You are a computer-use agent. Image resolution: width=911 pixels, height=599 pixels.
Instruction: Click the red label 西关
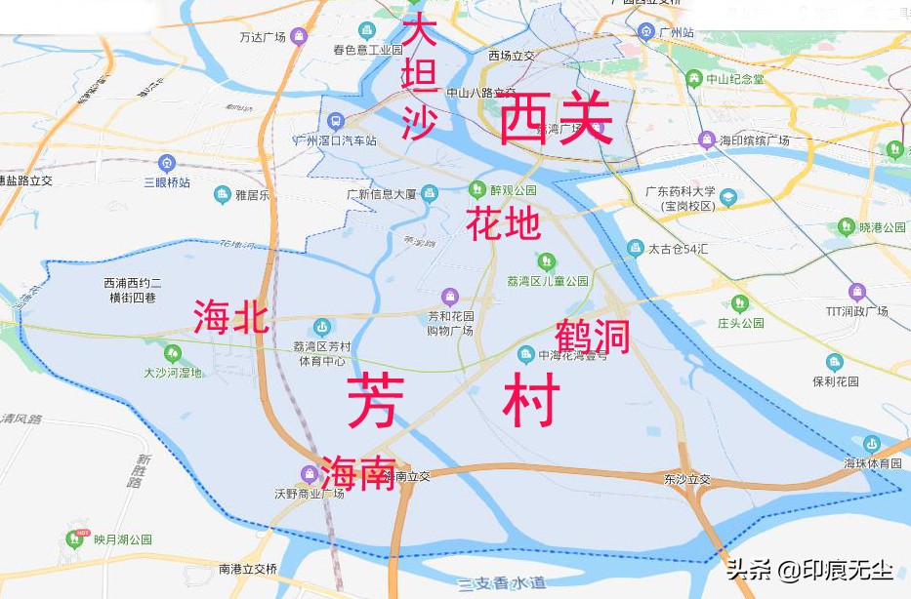click(x=556, y=120)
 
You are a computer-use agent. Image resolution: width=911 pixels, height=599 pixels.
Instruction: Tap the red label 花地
click(x=503, y=224)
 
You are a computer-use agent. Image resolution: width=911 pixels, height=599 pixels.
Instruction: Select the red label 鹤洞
click(x=592, y=337)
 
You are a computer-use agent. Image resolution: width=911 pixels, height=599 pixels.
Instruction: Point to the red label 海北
click(x=230, y=318)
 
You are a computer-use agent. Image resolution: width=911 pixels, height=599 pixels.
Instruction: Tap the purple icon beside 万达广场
click(x=299, y=37)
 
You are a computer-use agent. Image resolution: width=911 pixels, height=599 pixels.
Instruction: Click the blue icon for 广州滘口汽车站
click(x=336, y=122)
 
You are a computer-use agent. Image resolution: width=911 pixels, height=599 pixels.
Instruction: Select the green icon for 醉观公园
click(x=477, y=188)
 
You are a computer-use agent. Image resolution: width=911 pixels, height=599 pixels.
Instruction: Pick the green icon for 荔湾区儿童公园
click(x=546, y=260)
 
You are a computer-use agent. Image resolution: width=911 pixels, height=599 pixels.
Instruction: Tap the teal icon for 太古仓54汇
click(x=636, y=248)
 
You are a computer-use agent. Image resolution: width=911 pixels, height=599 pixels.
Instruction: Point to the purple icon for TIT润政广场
click(x=857, y=292)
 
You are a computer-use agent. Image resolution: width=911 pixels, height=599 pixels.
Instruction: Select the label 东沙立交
click(x=687, y=480)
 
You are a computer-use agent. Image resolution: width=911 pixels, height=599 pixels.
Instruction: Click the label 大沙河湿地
click(x=173, y=373)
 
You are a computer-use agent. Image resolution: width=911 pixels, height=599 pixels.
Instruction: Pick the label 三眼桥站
click(x=166, y=182)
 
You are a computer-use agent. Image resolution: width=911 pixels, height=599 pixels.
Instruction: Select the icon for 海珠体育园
click(x=872, y=444)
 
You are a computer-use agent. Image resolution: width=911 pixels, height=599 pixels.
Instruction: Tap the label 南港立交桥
click(x=248, y=569)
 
